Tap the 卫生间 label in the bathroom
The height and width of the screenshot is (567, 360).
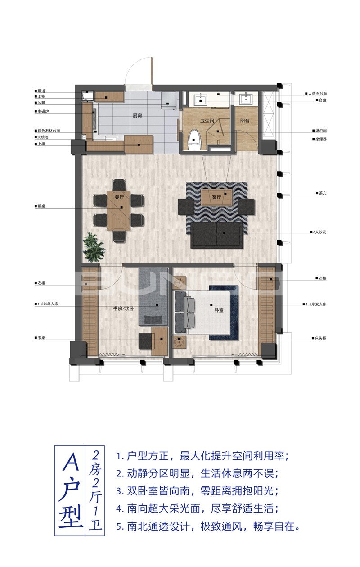(207, 121)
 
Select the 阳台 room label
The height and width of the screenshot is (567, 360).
(245, 121)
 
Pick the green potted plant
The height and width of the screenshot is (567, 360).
(94, 247)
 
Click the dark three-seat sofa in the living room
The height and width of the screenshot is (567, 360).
(217, 235)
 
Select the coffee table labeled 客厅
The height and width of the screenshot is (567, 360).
(216, 197)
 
